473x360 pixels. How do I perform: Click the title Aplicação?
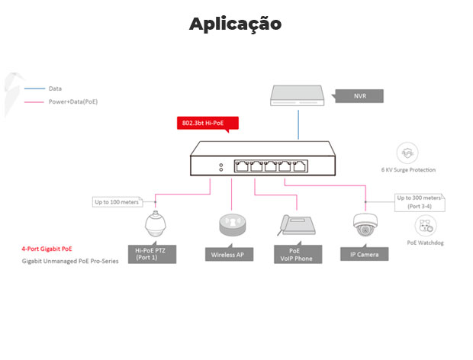(x=236, y=24)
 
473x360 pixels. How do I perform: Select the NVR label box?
(x=360, y=96)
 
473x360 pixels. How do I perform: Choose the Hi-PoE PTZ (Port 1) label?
(x=155, y=254)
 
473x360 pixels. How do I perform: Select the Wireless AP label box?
(x=228, y=255)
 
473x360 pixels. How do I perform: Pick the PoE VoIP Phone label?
(x=296, y=254)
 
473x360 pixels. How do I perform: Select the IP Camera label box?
(x=364, y=255)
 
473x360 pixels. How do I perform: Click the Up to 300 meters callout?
(x=420, y=202)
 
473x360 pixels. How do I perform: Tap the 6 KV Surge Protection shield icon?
(x=408, y=153)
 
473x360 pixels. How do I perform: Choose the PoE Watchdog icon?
(x=425, y=225)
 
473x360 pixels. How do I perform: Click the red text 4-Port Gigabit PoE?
(x=47, y=249)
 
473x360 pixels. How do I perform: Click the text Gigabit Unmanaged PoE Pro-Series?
(x=70, y=261)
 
